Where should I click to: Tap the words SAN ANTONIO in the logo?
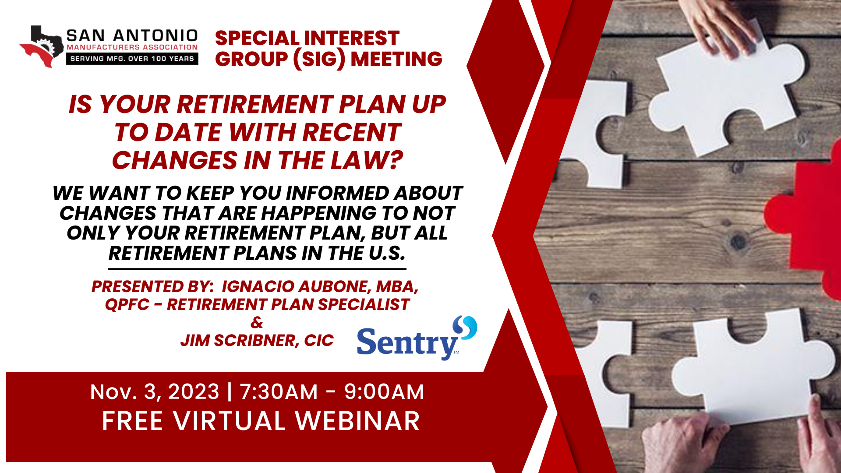(132, 35)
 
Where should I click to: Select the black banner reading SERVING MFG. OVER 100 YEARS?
(132, 59)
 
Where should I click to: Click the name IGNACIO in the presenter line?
(258, 286)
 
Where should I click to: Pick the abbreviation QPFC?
(127, 304)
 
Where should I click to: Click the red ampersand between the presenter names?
(257, 322)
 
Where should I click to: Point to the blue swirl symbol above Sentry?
(465, 327)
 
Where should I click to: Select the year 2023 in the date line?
(194, 392)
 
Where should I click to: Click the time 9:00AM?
(384, 392)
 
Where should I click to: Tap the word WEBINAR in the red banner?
(357, 421)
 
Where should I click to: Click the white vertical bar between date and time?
(230, 391)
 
